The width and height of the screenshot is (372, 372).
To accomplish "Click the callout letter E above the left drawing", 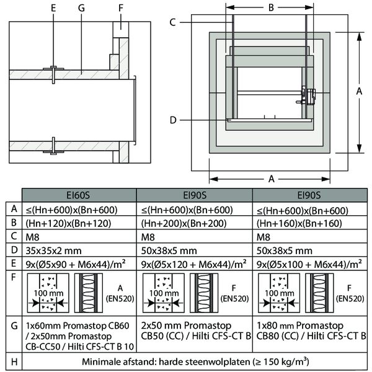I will click(54, 9).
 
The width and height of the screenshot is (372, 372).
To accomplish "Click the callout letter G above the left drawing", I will click(82, 9).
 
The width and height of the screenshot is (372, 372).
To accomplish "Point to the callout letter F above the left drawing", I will click(120, 9).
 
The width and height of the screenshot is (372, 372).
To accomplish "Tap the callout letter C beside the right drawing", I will click(174, 22).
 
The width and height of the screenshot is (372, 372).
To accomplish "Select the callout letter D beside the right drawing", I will click(174, 119).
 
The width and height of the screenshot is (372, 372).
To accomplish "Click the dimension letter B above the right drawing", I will click(270, 9).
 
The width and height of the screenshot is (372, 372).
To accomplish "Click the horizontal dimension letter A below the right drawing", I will click(270, 179).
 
